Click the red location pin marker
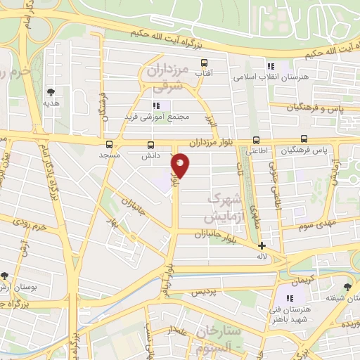[181, 165]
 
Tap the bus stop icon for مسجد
[108, 143]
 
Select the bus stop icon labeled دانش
[149, 143]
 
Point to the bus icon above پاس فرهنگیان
[304, 139]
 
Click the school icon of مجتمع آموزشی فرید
[157, 105]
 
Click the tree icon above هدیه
[51, 91]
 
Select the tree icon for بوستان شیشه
[347, 286]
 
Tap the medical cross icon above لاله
[262, 246]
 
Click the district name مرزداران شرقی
[166, 77]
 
